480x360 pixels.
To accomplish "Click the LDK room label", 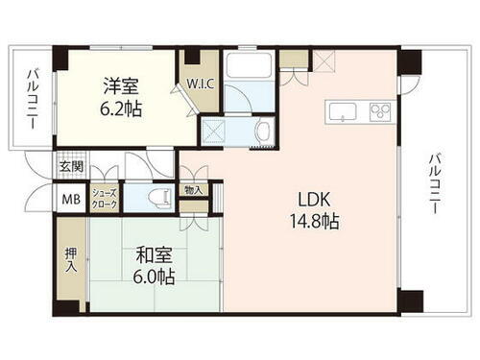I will click(x=313, y=202).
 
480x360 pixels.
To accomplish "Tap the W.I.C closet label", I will click(x=201, y=83).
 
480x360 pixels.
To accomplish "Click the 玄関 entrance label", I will click(x=71, y=166).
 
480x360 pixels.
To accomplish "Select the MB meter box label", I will click(x=70, y=200).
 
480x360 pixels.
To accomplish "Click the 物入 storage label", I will click(x=193, y=190).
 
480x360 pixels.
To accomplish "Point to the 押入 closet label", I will click(x=71, y=260).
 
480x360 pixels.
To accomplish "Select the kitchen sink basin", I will click(x=343, y=111).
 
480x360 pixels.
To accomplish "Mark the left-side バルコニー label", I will click(x=33, y=99).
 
